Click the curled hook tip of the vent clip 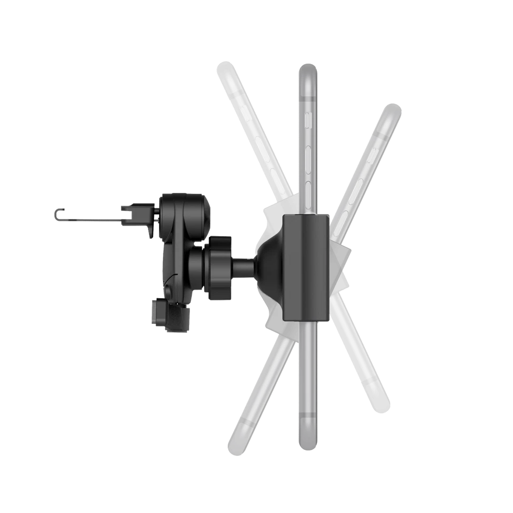pos(58,214)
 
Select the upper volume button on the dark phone pos(308,158)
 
